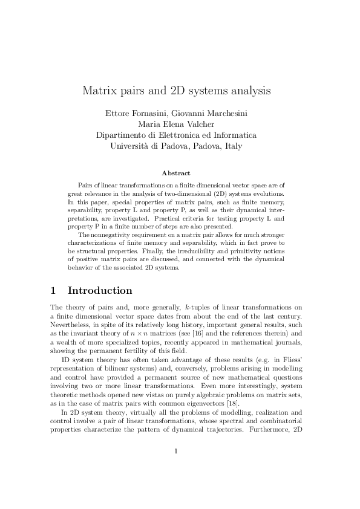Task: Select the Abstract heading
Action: click(x=180, y=173)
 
